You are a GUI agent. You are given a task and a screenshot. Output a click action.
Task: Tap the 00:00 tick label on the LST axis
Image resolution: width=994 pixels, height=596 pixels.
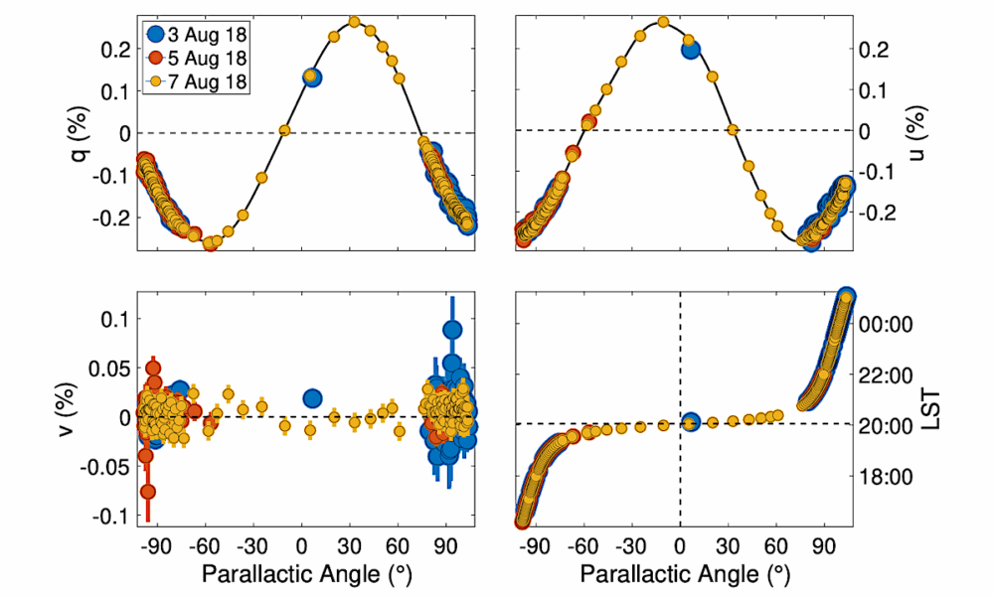[879, 324]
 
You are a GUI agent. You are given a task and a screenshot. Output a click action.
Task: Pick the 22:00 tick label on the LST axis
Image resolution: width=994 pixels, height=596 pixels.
[879, 375]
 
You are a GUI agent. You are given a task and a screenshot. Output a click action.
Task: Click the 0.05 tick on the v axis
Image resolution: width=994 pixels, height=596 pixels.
[111, 368]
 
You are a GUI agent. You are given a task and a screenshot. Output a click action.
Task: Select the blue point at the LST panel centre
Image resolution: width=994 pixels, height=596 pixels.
[690, 422]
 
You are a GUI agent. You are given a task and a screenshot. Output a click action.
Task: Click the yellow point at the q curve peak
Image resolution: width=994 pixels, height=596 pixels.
[353, 21]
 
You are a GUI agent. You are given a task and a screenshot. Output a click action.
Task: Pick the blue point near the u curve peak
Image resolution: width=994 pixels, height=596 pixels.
[690, 48]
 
